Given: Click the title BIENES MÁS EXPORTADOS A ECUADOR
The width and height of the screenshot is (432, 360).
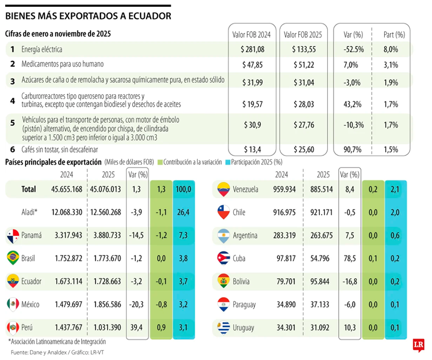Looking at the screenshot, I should click(x=88, y=16).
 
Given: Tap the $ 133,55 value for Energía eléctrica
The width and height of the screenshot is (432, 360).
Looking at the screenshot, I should click(x=304, y=49).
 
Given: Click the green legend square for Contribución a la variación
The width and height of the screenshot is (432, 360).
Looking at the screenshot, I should click(x=160, y=162).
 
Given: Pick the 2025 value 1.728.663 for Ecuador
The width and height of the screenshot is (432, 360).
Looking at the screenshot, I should click(x=106, y=281).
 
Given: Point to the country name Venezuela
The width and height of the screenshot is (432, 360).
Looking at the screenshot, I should click(x=245, y=189).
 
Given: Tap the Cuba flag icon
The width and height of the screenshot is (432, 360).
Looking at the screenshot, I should click(x=223, y=259).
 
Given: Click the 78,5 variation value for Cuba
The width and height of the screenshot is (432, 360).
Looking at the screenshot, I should click(x=350, y=259).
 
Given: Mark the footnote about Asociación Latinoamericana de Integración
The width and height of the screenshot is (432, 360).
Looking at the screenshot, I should click(x=57, y=342).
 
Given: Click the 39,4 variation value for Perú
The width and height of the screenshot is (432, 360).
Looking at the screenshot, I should click(x=137, y=328).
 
